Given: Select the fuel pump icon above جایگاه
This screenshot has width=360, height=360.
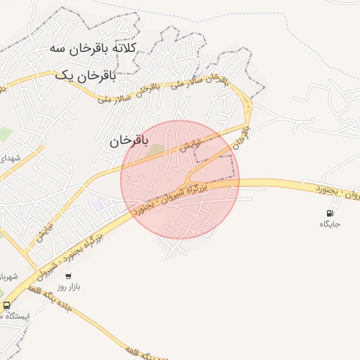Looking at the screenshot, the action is pos(330,212).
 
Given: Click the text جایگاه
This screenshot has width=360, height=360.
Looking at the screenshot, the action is pos(330,224).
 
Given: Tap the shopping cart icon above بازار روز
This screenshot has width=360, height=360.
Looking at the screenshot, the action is pos(68,276).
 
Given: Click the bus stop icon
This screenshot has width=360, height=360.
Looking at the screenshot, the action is pos(6,305).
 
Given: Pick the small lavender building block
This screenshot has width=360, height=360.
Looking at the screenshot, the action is pos(98,205).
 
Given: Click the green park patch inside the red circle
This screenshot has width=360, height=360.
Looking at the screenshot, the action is pos(154,148).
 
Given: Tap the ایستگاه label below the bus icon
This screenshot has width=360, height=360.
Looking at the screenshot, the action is pos(15,316).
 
